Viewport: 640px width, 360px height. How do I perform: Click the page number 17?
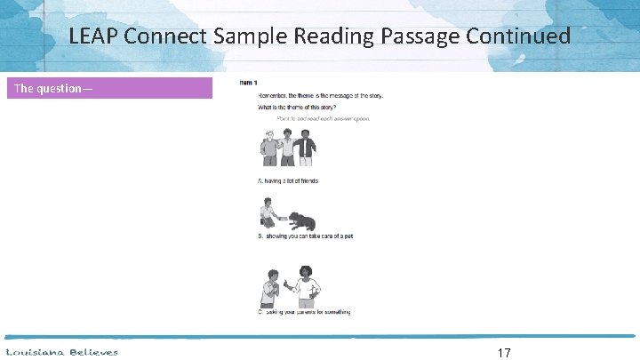tap(503, 352)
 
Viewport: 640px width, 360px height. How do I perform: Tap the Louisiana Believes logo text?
tap(61, 352)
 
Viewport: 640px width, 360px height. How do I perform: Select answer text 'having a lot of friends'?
tap(290, 180)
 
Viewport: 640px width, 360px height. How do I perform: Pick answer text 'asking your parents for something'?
tap(306, 312)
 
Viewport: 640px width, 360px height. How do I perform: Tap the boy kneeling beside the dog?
tap(268, 214)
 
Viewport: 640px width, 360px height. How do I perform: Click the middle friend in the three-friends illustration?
tap(286, 147)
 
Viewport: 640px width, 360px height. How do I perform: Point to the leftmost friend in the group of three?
tap(269, 148)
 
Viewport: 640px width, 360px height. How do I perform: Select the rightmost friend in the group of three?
tap(305, 147)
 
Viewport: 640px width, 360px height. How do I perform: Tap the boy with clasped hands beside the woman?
tap(270, 289)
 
